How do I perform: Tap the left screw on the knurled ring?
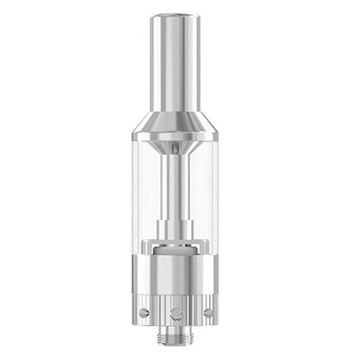pos(144,311)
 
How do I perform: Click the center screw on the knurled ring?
pos(176,313)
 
